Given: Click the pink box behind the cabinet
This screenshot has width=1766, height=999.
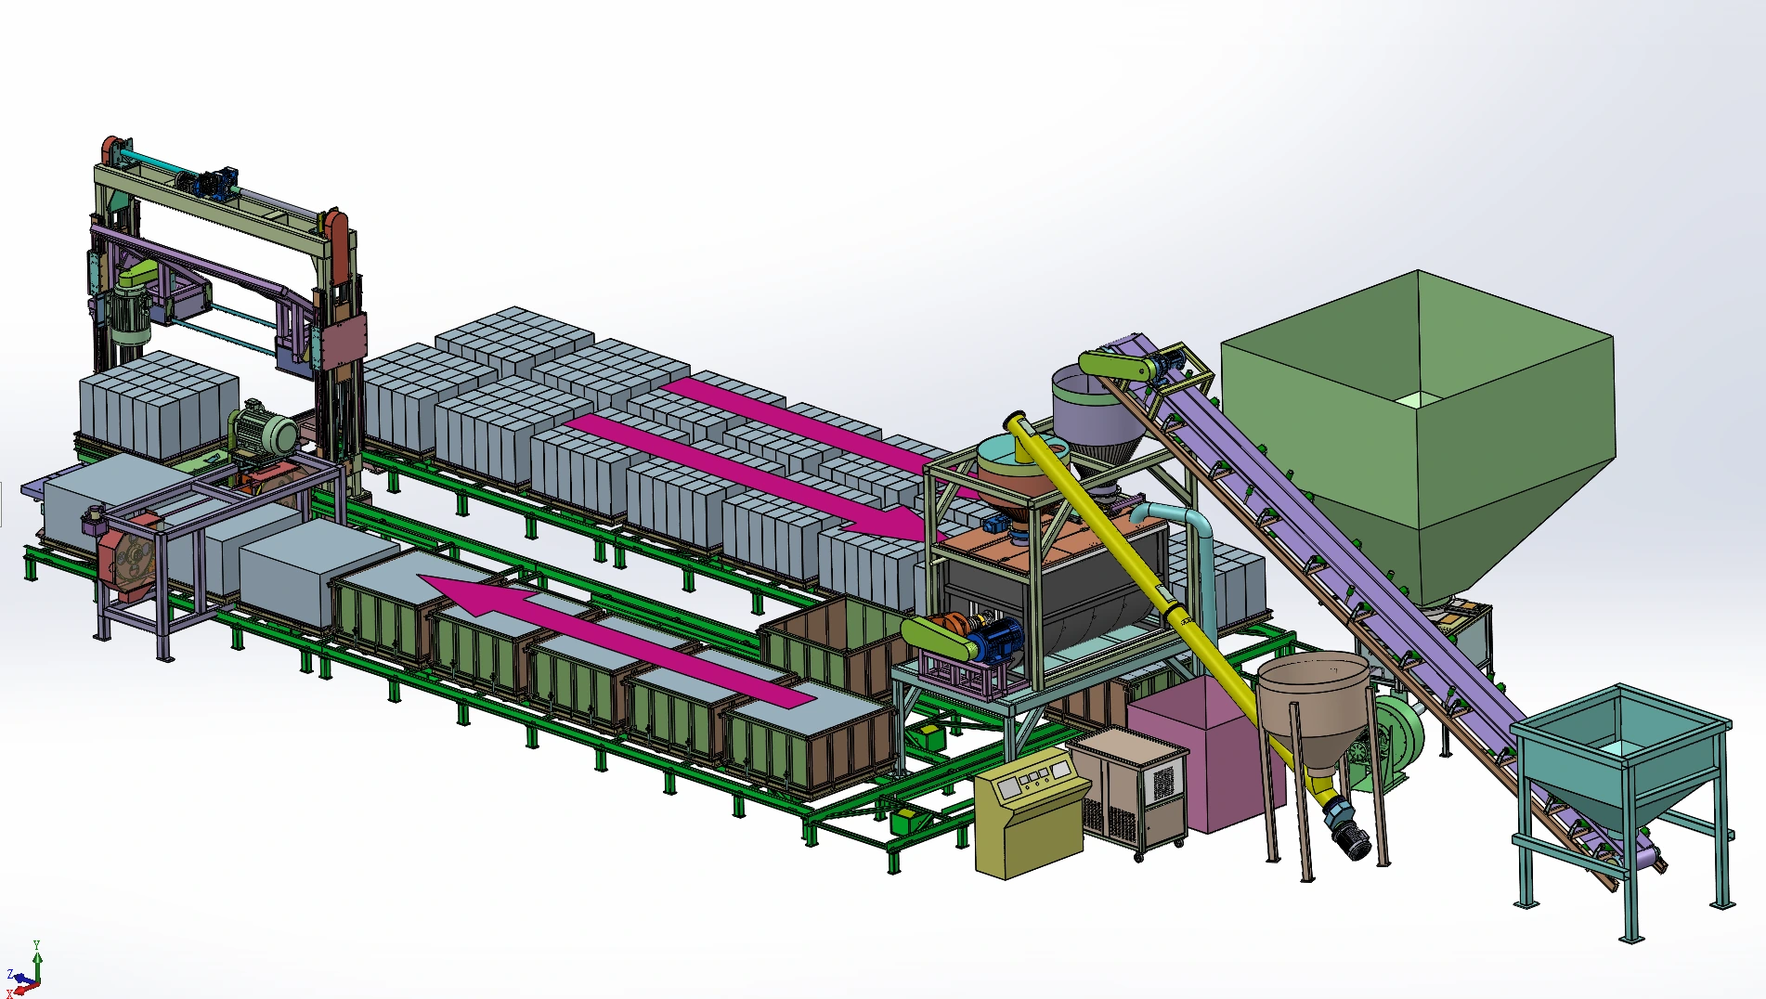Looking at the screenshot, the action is coord(1198,752).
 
